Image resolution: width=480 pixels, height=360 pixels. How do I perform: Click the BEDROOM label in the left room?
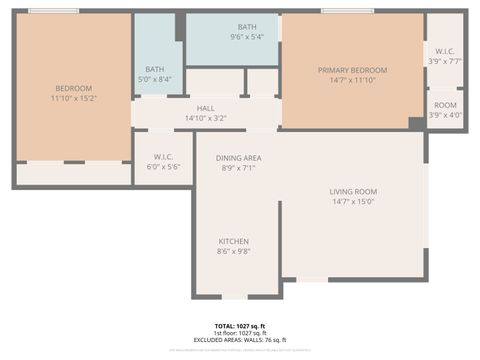click(73, 88)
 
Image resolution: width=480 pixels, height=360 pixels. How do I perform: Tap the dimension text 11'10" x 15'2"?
click(73, 98)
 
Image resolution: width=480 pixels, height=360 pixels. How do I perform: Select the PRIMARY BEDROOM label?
click(352, 70)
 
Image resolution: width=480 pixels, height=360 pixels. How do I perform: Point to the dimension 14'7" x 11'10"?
click(352, 80)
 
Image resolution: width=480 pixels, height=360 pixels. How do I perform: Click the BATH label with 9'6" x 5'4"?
click(246, 27)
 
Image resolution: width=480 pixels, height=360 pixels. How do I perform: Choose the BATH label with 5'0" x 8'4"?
click(154, 69)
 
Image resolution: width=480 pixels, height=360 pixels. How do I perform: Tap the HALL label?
click(205, 108)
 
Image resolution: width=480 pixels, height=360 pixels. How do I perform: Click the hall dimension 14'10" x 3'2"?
click(205, 118)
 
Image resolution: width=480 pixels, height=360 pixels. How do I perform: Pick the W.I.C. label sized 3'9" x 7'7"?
click(445, 50)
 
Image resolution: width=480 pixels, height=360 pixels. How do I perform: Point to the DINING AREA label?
click(239, 158)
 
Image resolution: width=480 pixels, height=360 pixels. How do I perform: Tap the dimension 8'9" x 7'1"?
click(239, 168)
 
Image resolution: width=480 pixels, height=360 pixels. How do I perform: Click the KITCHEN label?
click(234, 241)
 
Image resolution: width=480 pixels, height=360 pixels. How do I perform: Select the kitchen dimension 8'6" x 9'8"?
click(234, 251)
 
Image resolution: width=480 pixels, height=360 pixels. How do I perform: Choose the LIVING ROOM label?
click(352, 191)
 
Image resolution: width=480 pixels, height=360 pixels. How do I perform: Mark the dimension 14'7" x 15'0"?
click(352, 201)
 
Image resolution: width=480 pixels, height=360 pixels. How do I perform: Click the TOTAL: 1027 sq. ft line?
click(239, 326)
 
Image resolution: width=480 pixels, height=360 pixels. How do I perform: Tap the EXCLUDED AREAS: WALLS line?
click(240, 340)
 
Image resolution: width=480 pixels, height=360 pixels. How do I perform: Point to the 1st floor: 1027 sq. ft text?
click(240, 333)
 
